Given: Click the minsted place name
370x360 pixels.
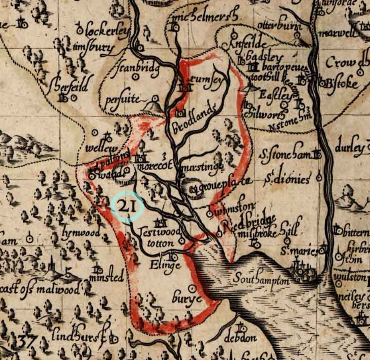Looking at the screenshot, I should point(107,278).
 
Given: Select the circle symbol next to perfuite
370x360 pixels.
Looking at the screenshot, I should point(155,99).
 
